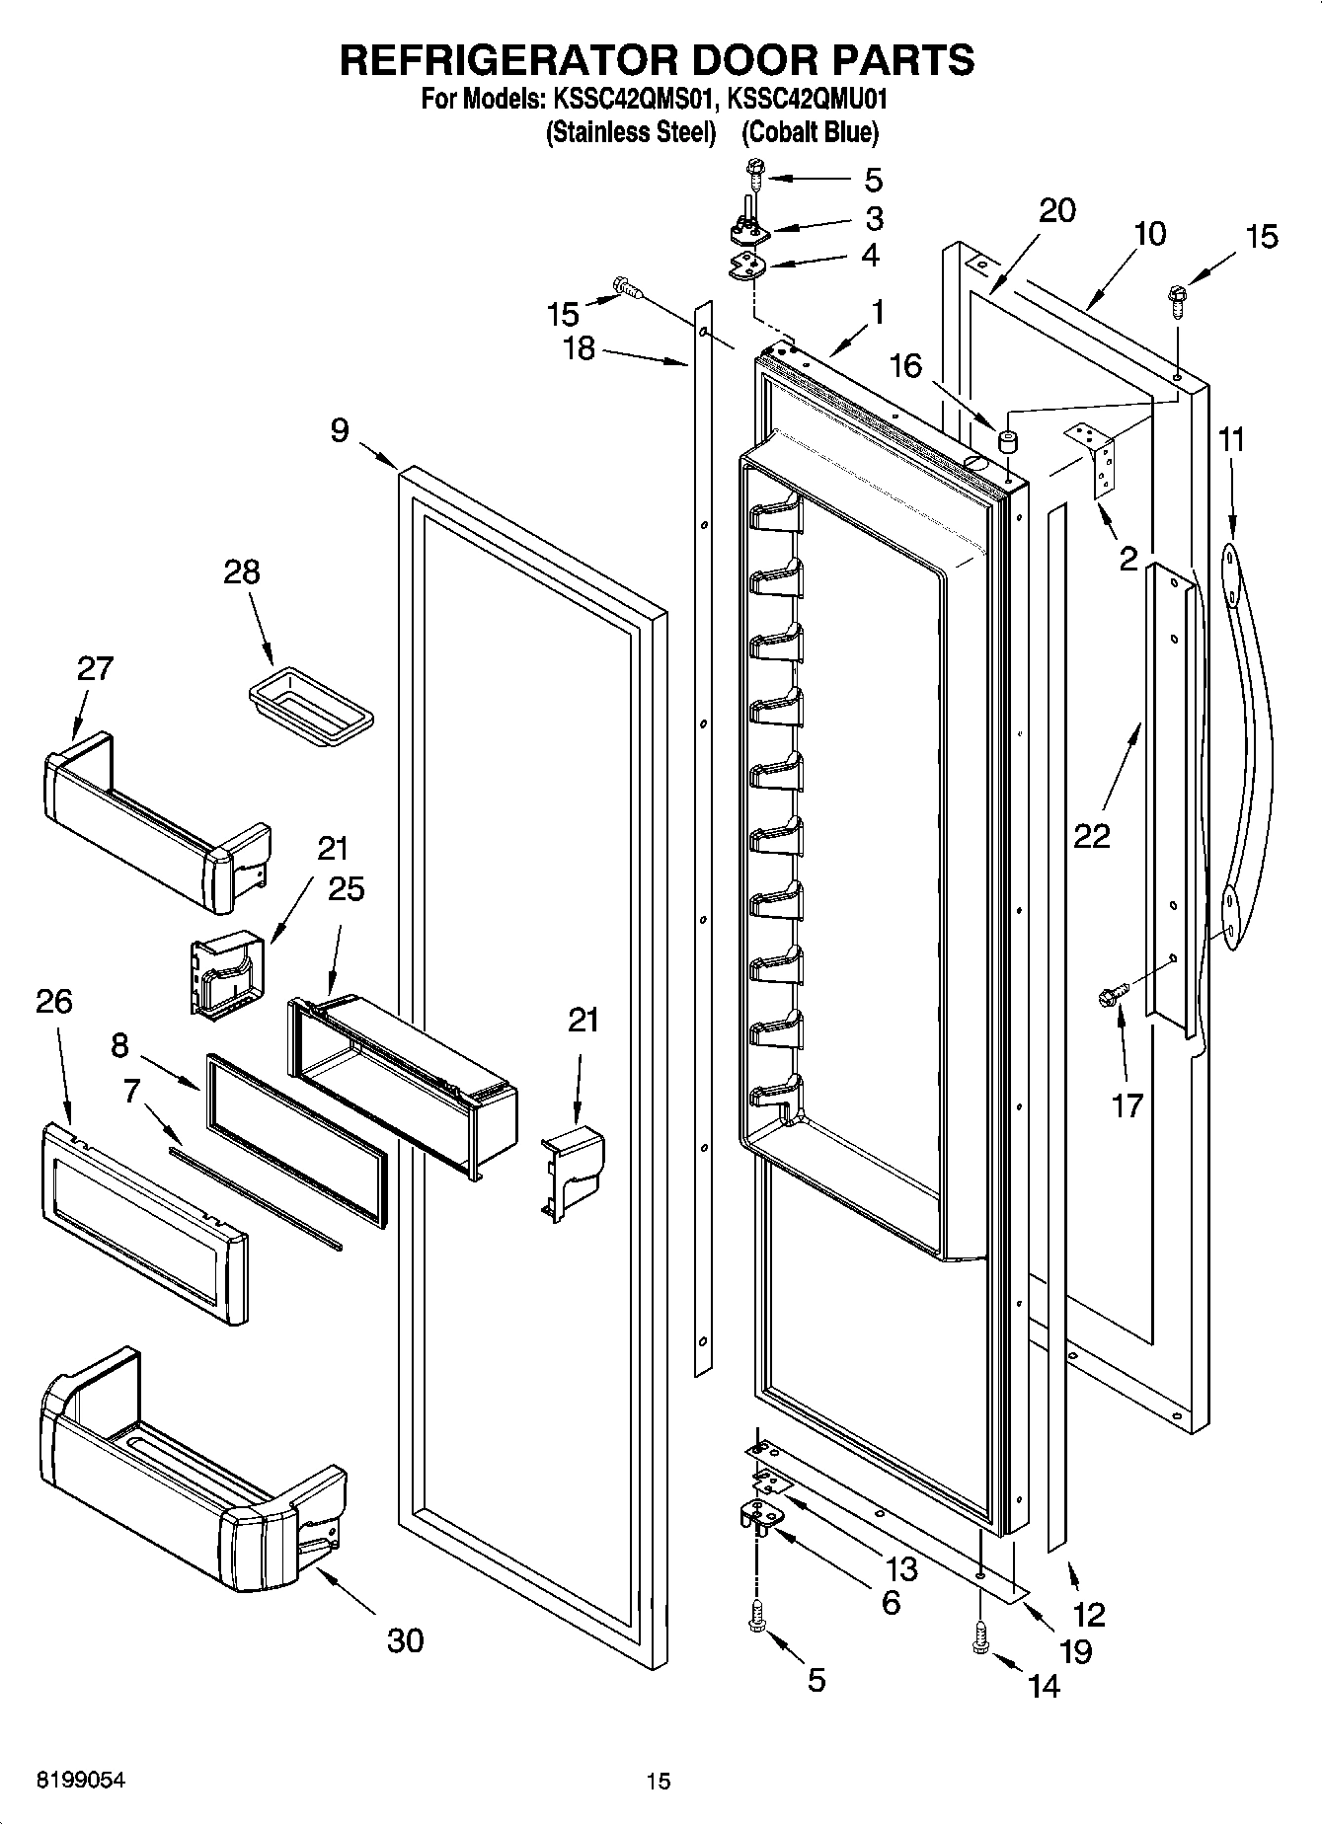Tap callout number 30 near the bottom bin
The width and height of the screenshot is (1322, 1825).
click(405, 1640)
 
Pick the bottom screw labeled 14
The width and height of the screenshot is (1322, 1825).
click(979, 1637)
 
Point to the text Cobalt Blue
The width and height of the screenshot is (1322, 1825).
click(810, 132)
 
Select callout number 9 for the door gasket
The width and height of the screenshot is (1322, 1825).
click(339, 430)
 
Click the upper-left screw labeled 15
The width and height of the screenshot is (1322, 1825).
click(628, 286)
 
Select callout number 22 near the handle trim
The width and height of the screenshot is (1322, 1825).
click(1093, 835)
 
